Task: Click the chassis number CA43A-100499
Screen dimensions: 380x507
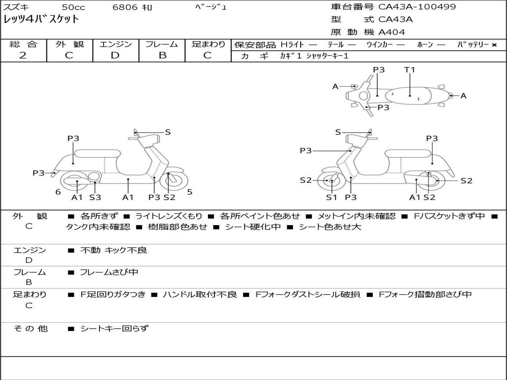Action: [417, 7]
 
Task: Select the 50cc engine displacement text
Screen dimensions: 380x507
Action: [73, 7]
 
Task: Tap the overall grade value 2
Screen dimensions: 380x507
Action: [23, 55]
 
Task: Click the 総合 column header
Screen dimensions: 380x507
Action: [23, 44]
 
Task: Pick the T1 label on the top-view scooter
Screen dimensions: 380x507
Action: [409, 70]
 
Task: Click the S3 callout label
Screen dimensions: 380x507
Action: [95, 197]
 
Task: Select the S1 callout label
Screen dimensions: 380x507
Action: [331, 197]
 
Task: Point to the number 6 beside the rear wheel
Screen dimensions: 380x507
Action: [58, 192]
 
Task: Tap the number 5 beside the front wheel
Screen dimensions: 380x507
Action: [190, 192]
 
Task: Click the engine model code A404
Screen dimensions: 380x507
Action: [392, 32]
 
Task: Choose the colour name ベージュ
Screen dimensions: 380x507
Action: [211, 7]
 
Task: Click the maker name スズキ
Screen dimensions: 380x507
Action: [16, 7]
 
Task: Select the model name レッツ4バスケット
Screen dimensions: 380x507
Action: [41, 20]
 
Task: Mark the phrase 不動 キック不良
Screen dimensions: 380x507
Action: [114, 250]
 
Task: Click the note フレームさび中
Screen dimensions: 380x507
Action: [109, 272]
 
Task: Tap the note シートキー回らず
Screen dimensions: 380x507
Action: [114, 328]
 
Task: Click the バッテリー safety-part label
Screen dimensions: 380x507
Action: [473, 45]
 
